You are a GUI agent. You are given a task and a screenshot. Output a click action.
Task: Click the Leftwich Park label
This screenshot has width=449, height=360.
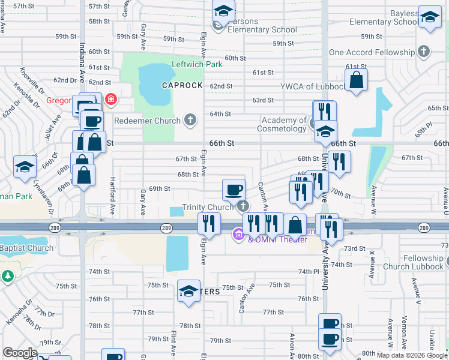coord(197,64)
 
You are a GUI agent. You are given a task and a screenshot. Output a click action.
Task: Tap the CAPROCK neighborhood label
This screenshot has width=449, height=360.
coord(182,85)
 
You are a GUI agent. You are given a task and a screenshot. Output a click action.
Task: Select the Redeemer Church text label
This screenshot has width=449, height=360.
coord(147,121)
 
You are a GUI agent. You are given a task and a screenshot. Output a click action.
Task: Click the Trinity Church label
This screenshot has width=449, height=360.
coord(208,207)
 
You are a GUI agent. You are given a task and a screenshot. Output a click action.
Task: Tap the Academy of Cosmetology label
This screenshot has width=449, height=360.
coord(282,124)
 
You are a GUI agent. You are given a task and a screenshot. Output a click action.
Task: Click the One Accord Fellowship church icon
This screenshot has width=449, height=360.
coord(424,52)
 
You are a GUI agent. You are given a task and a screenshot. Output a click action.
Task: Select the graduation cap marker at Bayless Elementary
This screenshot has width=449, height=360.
coord(430,18)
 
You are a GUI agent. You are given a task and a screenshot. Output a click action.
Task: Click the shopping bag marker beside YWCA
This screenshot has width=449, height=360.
coord(356,80)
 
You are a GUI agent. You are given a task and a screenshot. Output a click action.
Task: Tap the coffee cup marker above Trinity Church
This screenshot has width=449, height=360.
coord(234,190)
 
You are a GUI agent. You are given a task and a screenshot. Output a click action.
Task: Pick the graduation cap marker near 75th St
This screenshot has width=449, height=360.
coord(189,292)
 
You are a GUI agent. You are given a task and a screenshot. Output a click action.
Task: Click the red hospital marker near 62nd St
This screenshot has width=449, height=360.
coord(110,99)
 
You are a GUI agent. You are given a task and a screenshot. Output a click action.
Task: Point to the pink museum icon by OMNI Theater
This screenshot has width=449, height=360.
coord(238,234)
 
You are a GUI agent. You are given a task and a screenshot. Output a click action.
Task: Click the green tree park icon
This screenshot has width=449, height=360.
coord(7,277)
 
